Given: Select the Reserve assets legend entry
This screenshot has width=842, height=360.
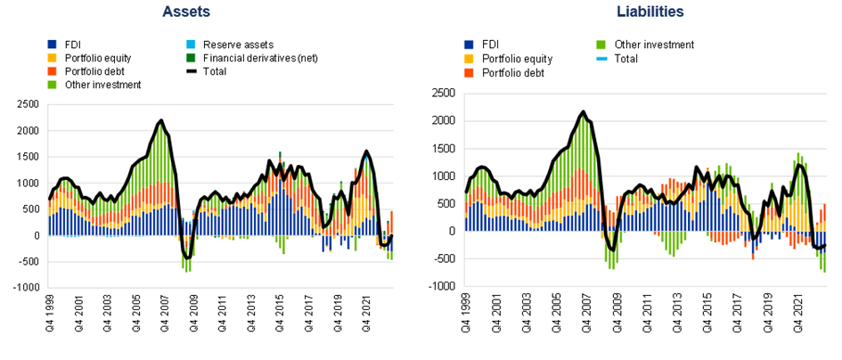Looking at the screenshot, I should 238,45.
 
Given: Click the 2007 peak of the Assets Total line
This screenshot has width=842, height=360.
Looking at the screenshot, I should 161,119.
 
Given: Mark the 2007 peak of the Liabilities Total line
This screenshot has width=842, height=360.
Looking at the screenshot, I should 583,111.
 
